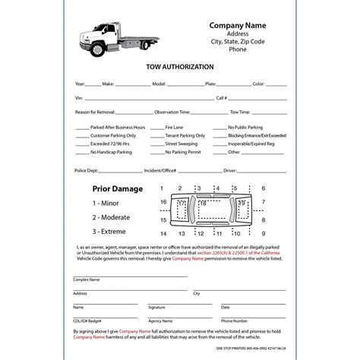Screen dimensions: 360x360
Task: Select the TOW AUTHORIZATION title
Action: [179, 67]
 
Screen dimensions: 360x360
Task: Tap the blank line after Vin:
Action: [137, 97]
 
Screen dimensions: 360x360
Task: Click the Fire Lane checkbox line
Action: [157, 128]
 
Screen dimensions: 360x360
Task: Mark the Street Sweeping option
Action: [157, 144]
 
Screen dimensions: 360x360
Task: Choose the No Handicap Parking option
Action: [81, 153]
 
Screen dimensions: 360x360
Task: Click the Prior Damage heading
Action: [117, 188]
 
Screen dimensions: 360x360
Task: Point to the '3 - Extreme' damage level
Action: [111, 230]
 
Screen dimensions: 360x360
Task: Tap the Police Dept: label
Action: [87, 172]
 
